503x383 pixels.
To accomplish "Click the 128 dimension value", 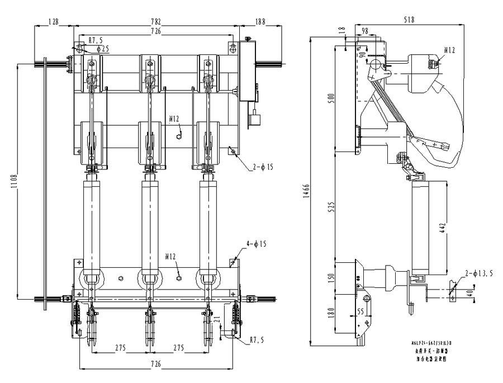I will (54, 22).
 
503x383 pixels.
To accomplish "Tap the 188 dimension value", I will (260, 22).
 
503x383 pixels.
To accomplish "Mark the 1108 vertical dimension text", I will (14, 181).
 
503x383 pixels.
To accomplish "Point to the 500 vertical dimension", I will (330, 100).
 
